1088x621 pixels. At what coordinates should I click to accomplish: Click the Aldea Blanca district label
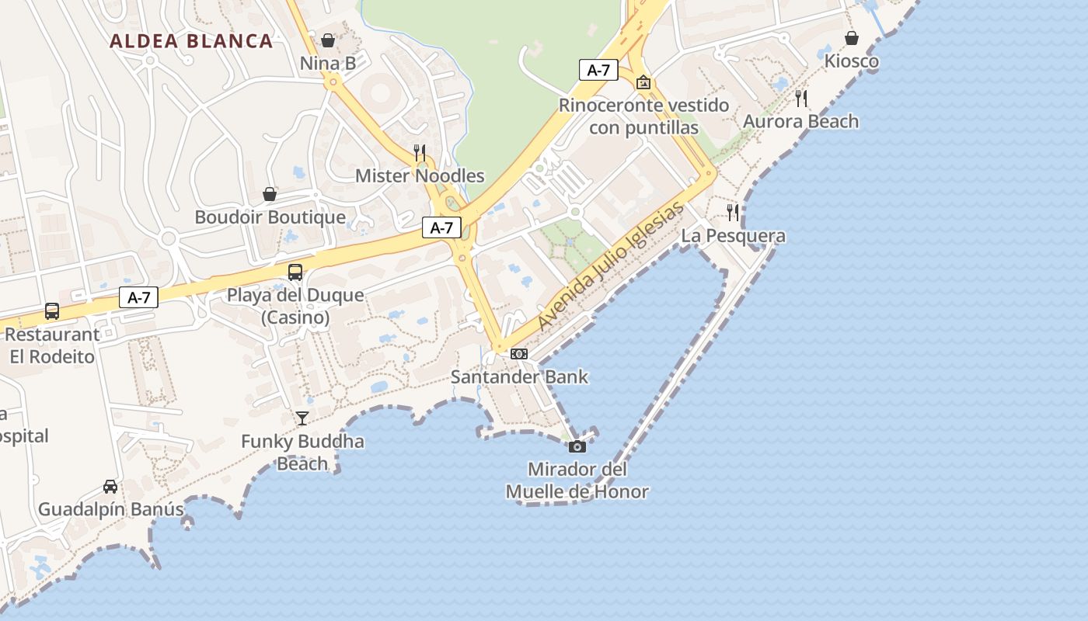click(191, 41)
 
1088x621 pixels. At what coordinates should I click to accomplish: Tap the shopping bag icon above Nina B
click(328, 40)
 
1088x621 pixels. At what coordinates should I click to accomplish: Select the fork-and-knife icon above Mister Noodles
click(420, 152)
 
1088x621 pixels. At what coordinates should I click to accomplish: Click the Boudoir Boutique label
click(270, 217)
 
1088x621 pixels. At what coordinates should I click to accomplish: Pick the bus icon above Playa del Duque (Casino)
click(295, 272)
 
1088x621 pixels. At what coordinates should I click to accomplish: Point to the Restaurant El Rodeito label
click(52, 345)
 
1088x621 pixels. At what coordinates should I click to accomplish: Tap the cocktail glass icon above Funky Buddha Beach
click(302, 418)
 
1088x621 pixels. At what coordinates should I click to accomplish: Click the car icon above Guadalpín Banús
click(110, 487)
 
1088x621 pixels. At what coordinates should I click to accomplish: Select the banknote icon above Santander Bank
click(519, 354)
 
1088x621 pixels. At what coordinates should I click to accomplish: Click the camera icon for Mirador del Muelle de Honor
click(577, 446)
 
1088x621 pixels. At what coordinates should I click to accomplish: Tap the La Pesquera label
click(734, 236)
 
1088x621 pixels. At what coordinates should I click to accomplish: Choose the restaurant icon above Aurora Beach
click(801, 98)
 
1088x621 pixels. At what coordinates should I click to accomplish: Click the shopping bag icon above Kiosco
click(852, 38)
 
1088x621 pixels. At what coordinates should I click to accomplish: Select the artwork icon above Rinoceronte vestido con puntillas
click(643, 82)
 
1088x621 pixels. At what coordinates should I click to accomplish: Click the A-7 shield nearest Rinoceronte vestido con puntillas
click(598, 70)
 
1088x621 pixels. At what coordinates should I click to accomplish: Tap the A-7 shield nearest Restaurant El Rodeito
click(139, 297)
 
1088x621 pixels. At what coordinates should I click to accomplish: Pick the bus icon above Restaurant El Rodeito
click(52, 311)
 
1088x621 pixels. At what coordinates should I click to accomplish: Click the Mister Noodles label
click(420, 176)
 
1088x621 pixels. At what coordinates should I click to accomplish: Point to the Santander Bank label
click(519, 378)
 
